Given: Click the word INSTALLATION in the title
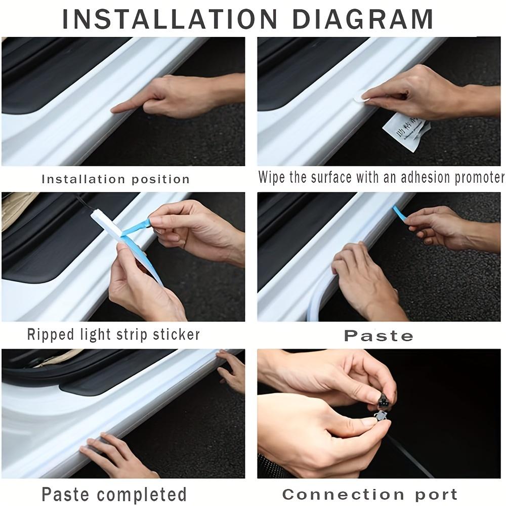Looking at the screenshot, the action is coord(170,19).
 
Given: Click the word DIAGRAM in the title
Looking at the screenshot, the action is coord(362,19).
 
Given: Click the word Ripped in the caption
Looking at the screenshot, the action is coord(51,334).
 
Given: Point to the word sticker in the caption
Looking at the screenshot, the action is coord(177,334).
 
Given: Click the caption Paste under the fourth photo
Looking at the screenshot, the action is coord(378,336).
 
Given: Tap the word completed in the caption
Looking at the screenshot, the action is coord(142,494).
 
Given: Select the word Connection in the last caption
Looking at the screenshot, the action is coord(343,494).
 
